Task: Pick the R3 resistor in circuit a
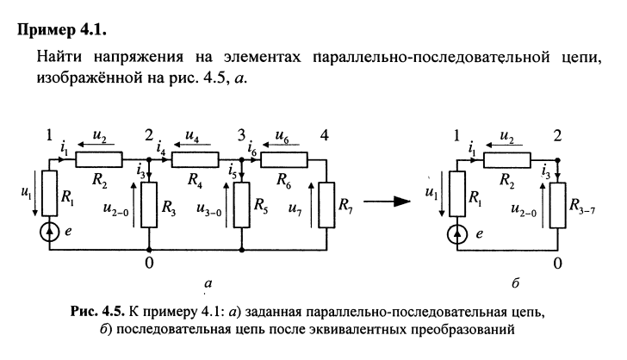click(150, 207)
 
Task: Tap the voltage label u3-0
click(212, 208)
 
